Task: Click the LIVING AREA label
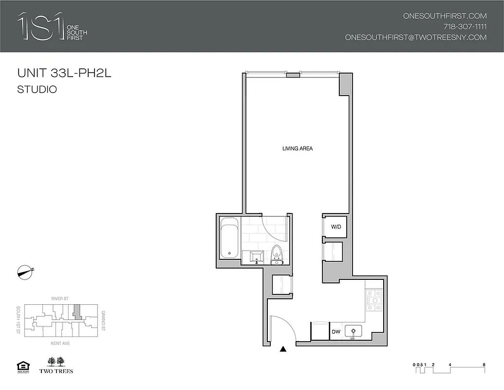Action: click(297, 148)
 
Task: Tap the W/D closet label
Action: click(336, 227)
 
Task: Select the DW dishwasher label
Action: click(336, 332)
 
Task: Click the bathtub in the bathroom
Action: click(229, 238)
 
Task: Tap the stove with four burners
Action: click(374, 300)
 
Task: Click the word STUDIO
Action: click(37, 90)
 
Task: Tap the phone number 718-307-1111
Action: click(465, 26)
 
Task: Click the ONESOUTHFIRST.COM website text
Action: click(445, 16)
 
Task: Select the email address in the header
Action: click(415, 37)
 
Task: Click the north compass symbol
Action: click(24, 272)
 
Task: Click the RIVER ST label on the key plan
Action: click(58, 298)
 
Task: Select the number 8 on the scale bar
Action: click(483, 364)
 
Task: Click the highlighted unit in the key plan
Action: click(76, 311)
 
